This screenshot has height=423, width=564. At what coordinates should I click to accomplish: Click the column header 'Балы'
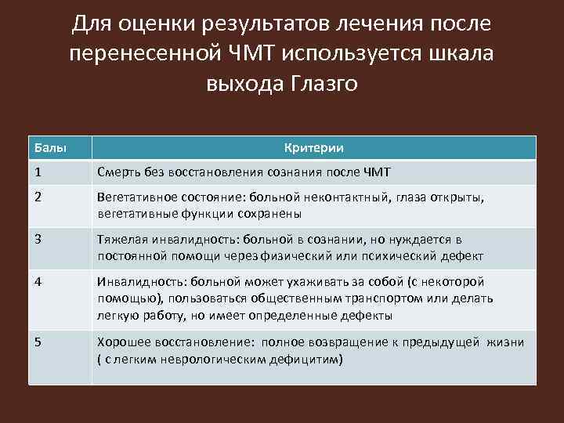click(49, 148)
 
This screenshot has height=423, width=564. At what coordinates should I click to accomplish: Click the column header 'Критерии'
click(313, 148)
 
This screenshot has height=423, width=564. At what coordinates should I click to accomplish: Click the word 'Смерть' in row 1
click(119, 172)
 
